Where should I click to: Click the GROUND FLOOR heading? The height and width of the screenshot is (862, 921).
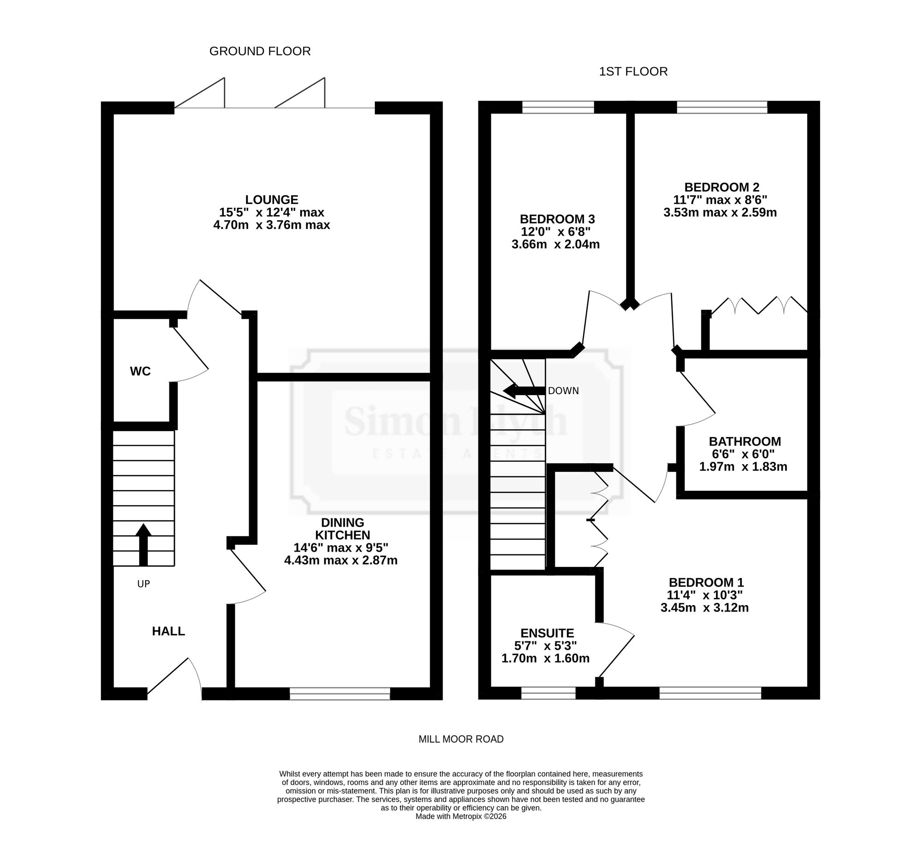260,52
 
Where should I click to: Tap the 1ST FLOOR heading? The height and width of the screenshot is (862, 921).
633,72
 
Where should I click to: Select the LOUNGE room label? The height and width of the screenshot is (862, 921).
272,200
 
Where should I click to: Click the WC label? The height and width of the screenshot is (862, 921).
140,371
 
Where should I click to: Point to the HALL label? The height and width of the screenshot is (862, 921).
169,631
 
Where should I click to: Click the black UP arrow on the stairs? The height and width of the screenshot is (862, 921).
144,545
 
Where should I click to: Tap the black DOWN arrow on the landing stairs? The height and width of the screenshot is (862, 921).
525,390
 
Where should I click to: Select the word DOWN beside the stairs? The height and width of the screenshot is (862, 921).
563,391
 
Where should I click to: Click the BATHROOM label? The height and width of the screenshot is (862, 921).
745,442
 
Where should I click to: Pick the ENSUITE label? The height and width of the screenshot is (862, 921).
547,633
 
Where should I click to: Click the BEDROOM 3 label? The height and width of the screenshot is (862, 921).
557,219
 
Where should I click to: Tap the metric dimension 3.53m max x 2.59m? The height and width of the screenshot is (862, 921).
720,213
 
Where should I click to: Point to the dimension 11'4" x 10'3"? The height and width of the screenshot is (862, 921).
704,595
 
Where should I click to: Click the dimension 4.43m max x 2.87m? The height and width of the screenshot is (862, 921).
341,560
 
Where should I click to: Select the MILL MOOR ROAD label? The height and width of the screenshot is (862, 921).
461,739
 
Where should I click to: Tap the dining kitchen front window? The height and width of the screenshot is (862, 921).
340,693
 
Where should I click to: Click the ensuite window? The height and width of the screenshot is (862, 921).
548,693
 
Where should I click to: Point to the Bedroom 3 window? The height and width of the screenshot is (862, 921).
558,107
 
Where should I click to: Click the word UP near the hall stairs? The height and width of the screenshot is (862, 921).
144,584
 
